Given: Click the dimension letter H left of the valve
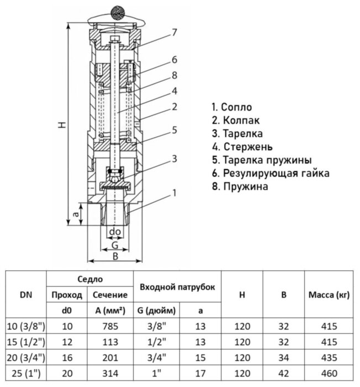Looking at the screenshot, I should (62, 125).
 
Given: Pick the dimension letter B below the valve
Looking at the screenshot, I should (115, 256).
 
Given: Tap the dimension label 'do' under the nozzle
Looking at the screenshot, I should (115, 231).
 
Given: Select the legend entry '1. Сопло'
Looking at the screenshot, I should (231, 107).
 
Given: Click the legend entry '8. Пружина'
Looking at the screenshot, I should (240, 186).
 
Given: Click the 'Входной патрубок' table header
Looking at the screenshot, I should (177, 287).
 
